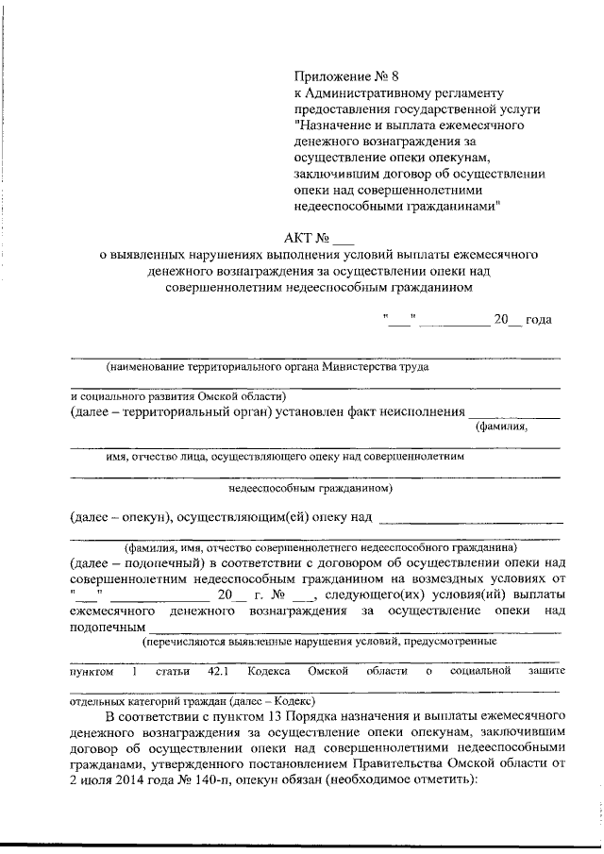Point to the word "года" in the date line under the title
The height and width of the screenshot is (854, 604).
pyautogui.click(x=538, y=319)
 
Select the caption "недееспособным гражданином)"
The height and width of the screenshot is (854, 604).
pyautogui.click(x=310, y=489)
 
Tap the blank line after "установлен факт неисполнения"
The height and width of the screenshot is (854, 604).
pyautogui.click(x=514, y=416)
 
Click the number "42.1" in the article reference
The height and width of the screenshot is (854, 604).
pyautogui.click(x=219, y=671)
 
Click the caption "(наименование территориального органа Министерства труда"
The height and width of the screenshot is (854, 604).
pyautogui.click(x=267, y=366)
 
